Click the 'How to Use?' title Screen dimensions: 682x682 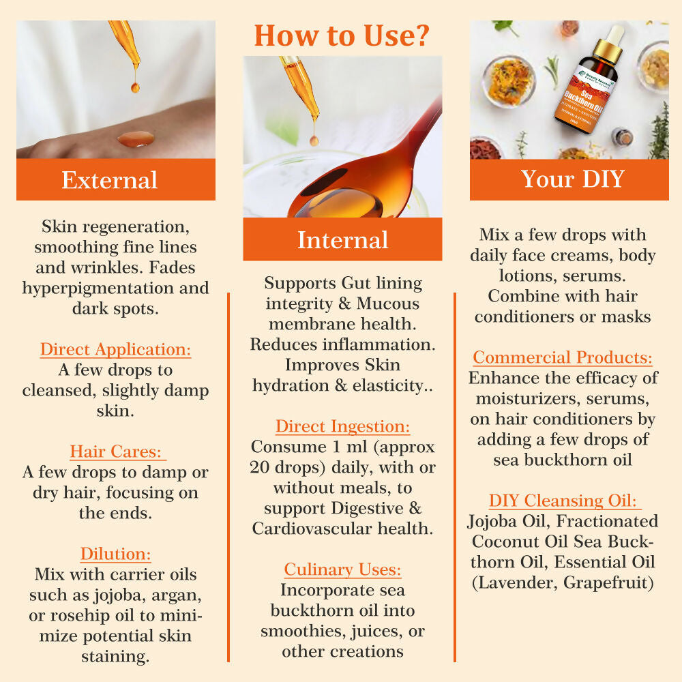(342, 35)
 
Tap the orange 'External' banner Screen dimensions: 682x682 (110, 179)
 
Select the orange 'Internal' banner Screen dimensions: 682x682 (342, 240)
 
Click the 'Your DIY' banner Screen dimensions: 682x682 (572, 179)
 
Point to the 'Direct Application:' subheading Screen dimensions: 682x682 (115, 350)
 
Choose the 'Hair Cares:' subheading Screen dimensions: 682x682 (117, 451)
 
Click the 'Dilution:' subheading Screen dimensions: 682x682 (115, 553)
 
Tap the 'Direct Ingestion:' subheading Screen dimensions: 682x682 (342, 427)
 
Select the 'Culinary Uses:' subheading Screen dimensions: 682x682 (342, 569)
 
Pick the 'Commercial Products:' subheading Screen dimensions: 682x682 (563, 357)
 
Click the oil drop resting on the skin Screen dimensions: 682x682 (135, 138)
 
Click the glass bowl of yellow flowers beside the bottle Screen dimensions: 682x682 (508, 81)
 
